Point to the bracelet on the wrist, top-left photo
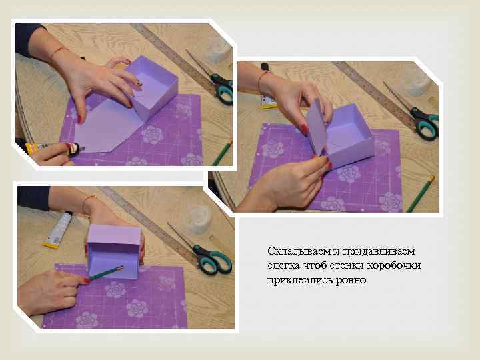[x=58, y=51]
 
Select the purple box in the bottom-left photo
[x=114, y=251]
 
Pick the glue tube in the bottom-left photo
[x=57, y=231]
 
